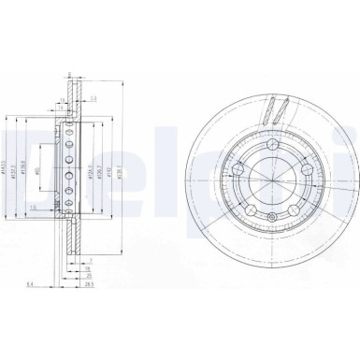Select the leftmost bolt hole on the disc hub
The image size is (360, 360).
click(238, 169)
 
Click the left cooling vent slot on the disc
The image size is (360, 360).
click(263, 113)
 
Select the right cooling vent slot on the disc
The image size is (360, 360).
click(279, 114)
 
